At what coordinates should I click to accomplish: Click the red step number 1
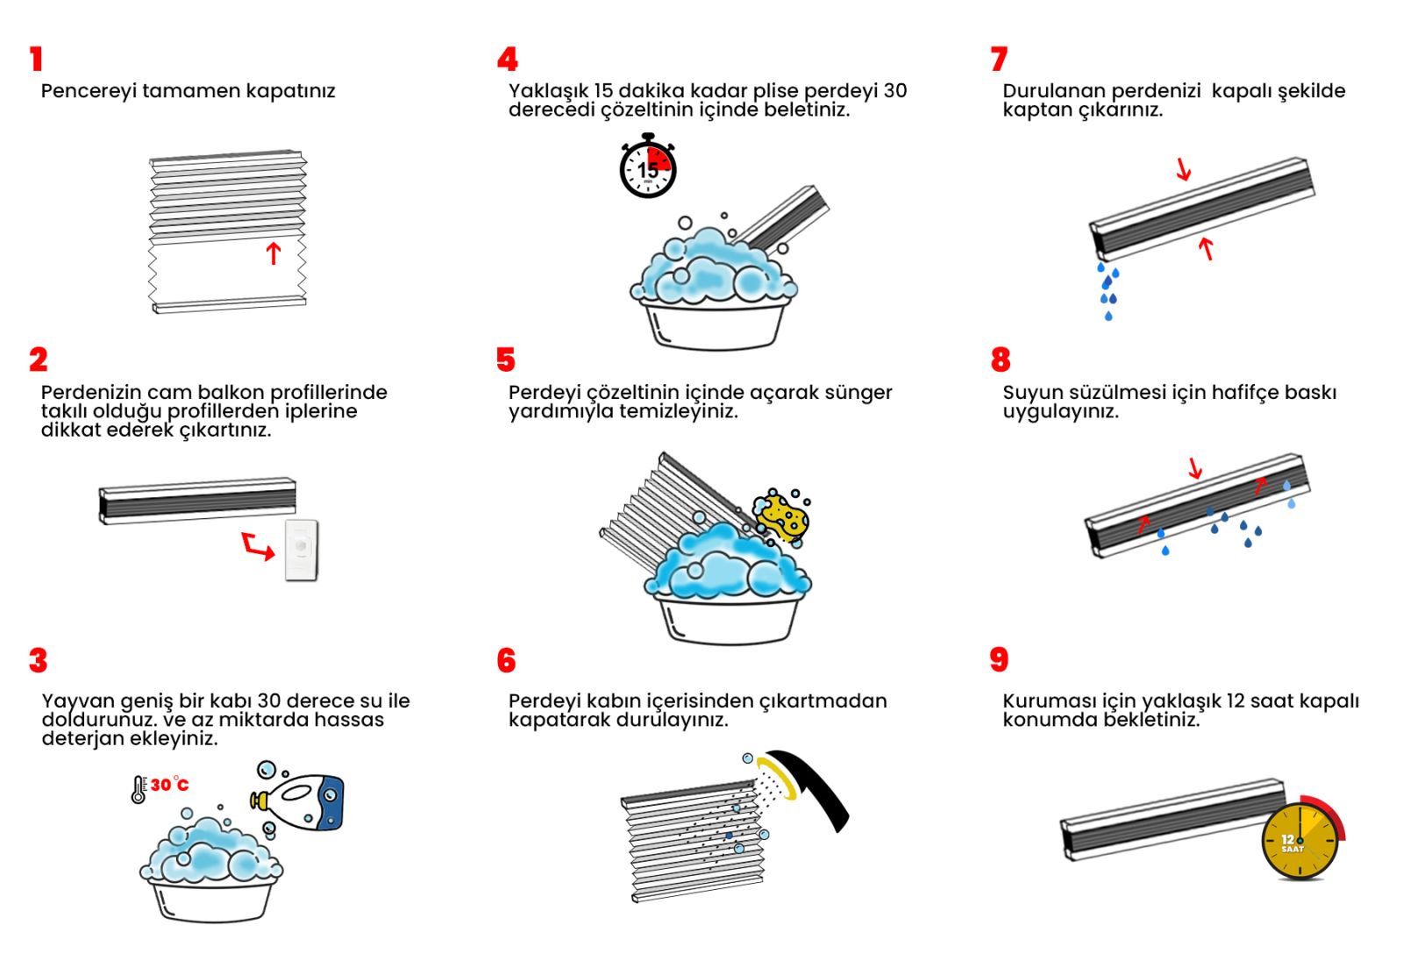[x=36, y=59]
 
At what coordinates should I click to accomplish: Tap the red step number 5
[x=505, y=359]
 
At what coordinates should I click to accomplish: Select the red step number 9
[x=999, y=660]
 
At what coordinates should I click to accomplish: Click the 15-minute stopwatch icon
[x=648, y=167]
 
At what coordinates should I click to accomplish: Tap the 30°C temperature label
[x=169, y=785]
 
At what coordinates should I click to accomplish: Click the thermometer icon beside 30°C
[x=138, y=790]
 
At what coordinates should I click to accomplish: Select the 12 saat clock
[x=1300, y=841]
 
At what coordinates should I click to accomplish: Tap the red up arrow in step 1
[x=274, y=252]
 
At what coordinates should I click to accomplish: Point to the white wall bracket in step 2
[x=301, y=550]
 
